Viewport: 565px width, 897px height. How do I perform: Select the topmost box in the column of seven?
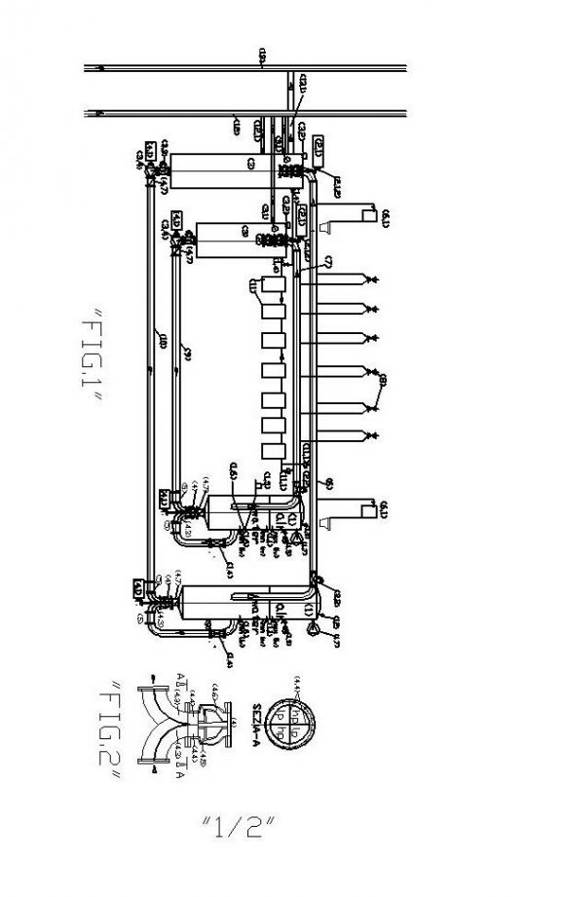274,290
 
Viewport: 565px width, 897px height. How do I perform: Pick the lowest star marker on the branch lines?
372,432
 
